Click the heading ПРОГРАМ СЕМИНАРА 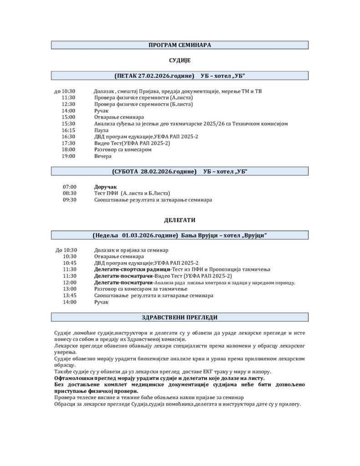pos(180,45)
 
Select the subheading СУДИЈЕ pos(180,60)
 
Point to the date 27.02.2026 pos(154,75)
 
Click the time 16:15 pos(68,130)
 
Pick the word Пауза pos(101,130)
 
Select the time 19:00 pos(68,156)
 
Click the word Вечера pos(103,156)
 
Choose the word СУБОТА pos(125,171)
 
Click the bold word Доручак pos(106,187)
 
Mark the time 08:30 pos(70,193)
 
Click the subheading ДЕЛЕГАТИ pos(180,220)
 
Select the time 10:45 pos(70,263)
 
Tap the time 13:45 pos(70,295)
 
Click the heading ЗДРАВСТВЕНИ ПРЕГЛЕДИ pos(180,317)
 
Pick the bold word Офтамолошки pos(73,378)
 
